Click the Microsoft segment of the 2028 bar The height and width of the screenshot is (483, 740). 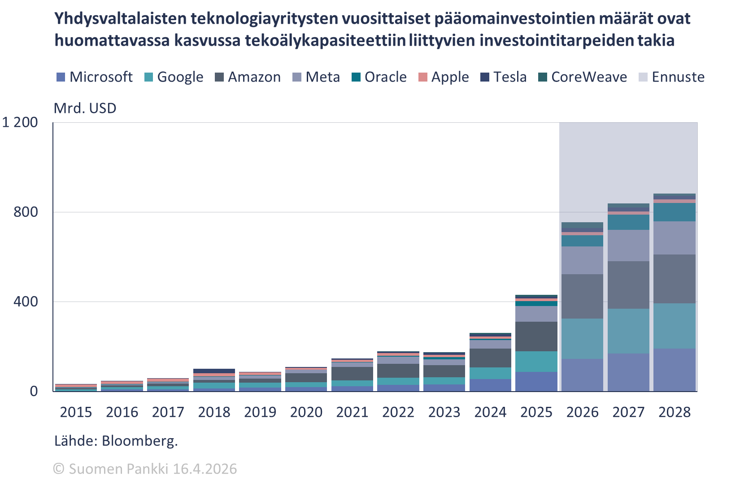(x=674, y=370)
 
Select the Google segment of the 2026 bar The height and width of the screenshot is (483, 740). (x=582, y=338)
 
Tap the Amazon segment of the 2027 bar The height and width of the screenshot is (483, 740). (x=628, y=285)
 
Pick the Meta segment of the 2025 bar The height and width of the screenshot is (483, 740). (x=536, y=314)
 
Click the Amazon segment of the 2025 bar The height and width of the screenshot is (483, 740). (x=536, y=336)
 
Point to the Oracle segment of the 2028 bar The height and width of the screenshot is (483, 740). (x=674, y=212)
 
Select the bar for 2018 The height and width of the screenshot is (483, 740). (x=214, y=380)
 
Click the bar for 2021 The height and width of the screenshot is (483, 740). (x=352, y=375)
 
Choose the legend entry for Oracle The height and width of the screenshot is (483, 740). (x=379, y=77)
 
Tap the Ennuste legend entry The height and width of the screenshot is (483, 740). (x=671, y=77)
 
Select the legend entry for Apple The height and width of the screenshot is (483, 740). (x=444, y=77)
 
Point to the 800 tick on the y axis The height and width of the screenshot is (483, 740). (x=26, y=212)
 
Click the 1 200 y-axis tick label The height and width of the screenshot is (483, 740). (x=20, y=122)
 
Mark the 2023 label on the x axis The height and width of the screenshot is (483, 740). (x=444, y=412)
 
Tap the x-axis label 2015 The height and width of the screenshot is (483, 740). (x=76, y=412)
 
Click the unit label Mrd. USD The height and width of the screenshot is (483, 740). (x=85, y=108)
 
